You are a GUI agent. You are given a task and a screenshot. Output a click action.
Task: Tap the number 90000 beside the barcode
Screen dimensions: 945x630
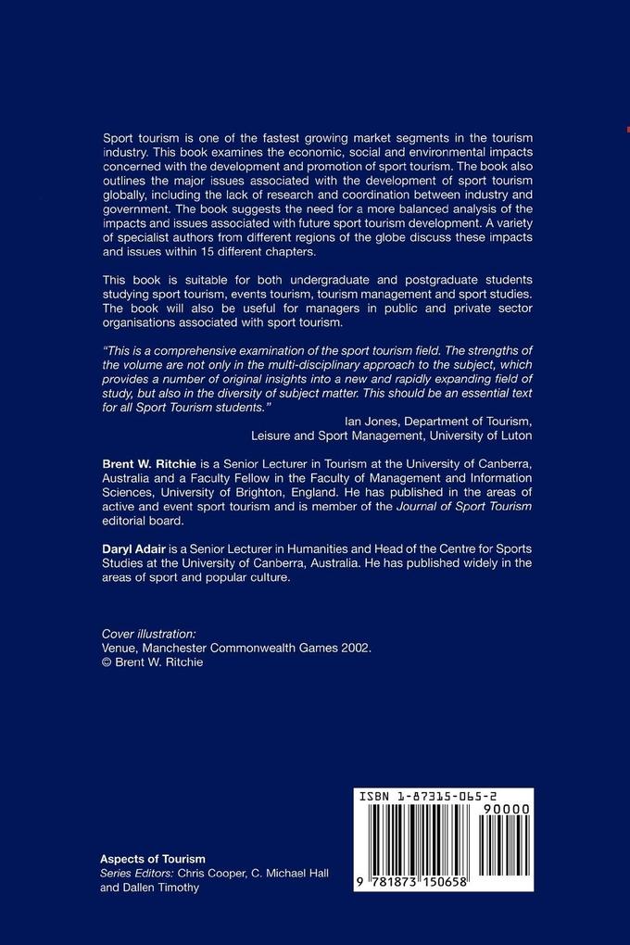coord(506,810)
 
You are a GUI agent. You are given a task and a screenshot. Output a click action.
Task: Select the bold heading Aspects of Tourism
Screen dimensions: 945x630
coord(153,859)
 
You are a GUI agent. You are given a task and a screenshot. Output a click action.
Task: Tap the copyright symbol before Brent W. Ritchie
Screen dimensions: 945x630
coord(107,663)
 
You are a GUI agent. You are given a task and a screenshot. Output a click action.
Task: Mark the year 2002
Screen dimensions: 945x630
coord(356,649)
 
